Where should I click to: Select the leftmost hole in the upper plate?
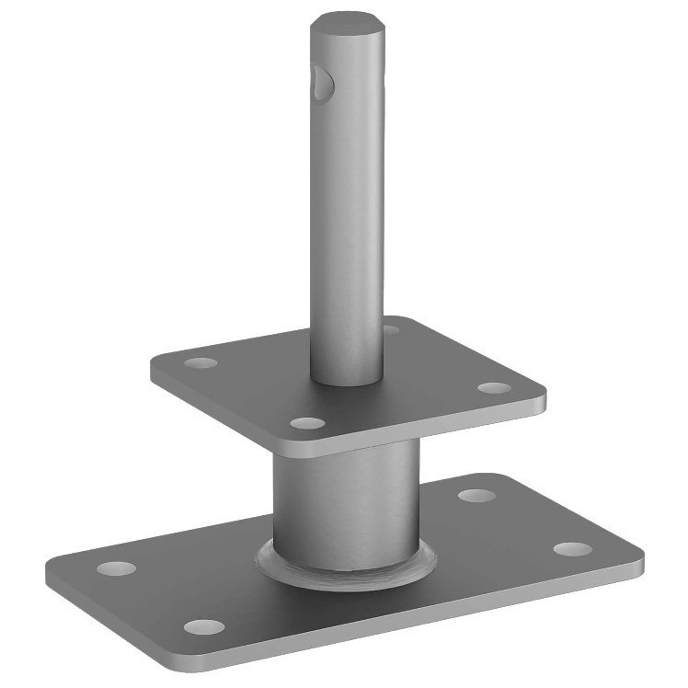click(x=201, y=362)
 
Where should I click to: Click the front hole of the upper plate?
click(x=307, y=424)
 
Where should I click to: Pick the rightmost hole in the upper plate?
click(x=494, y=388)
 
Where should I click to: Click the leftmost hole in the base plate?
click(x=116, y=568)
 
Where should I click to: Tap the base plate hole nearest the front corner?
click(x=204, y=627)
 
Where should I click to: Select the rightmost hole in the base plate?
click(x=572, y=549)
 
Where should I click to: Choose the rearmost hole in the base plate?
click(x=476, y=496)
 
